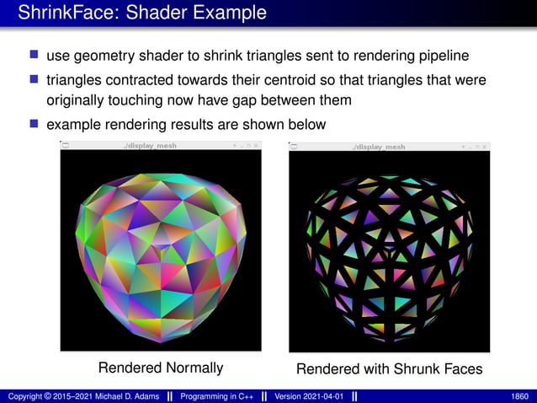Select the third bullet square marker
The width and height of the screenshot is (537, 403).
34,124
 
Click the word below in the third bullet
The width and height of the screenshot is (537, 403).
307,124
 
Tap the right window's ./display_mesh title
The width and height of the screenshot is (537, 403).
379,147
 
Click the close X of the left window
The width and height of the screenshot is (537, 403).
257,146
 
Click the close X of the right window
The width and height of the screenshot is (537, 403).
485,147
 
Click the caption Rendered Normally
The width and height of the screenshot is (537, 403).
161,368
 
